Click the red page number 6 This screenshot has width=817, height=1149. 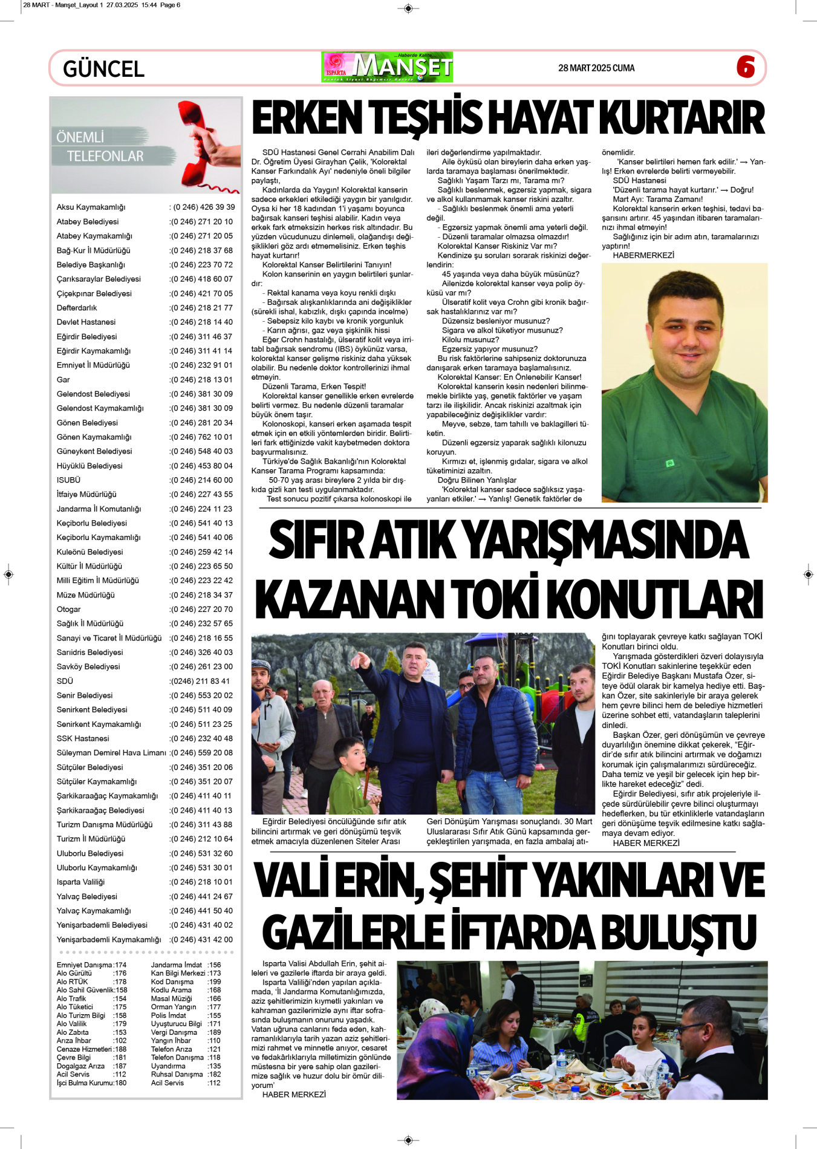click(746, 67)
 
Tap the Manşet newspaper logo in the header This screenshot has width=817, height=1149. click(388, 67)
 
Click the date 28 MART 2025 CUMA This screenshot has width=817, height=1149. click(596, 68)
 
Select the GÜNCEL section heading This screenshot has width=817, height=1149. click(103, 69)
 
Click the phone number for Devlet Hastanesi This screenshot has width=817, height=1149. click(201, 322)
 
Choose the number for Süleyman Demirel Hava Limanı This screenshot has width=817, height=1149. click(201, 753)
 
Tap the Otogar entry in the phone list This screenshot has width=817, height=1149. click(68, 610)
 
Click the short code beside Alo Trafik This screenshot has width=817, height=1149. click(120, 999)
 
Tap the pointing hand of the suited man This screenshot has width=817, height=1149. click(363, 659)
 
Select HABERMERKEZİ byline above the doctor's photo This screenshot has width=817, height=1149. click(643, 255)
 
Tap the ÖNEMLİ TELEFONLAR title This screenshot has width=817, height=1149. click(100, 146)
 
